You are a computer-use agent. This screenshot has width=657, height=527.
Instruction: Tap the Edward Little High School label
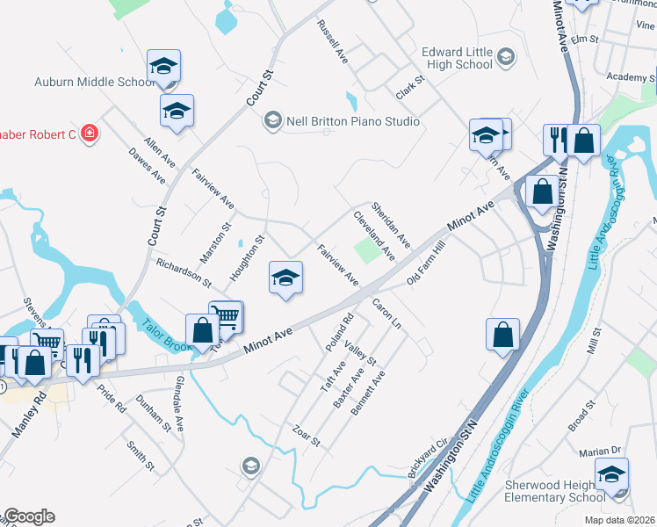[x=457, y=58]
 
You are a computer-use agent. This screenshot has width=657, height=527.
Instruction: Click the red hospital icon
[x=89, y=134]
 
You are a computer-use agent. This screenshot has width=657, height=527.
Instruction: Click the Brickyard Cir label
[x=428, y=458]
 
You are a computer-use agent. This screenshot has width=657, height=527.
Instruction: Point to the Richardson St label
[x=184, y=273]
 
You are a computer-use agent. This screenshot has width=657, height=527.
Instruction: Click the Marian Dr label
[x=600, y=451]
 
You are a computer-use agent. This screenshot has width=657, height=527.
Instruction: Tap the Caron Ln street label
[x=386, y=314]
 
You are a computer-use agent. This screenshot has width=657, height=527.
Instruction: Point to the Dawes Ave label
[x=147, y=164]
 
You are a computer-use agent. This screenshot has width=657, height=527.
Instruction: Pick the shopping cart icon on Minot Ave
[x=227, y=317]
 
